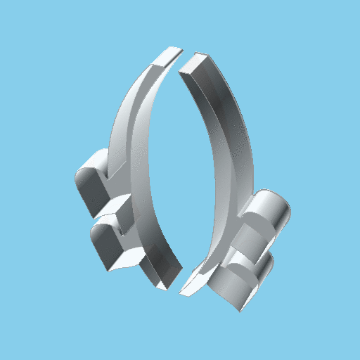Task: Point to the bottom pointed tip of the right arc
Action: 184,290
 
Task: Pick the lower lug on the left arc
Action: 108,243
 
